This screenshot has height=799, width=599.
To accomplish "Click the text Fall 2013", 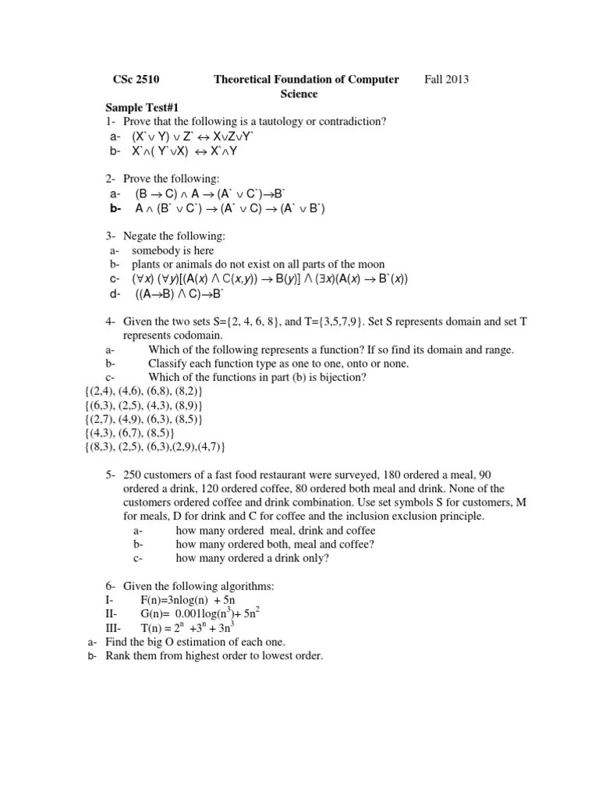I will click(446, 79).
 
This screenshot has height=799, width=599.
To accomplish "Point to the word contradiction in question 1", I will click(353, 122).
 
